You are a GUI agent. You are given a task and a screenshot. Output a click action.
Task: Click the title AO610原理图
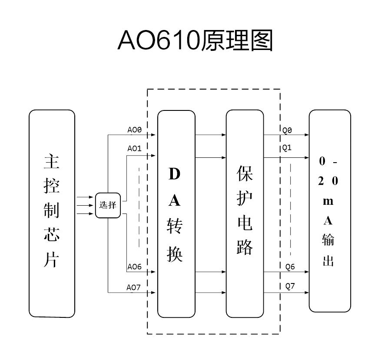tap(195, 41)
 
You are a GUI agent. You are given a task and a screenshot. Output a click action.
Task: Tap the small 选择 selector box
tap(107, 205)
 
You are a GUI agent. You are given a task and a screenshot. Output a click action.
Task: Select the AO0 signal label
tap(135, 130)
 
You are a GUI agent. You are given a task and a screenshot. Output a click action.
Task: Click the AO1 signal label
tap(135, 148)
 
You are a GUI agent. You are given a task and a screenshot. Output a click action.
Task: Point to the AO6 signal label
tap(135, 267)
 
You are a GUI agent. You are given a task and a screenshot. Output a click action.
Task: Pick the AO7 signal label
tap(134, 287)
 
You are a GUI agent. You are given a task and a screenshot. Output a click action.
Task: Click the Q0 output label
tap(287, 130)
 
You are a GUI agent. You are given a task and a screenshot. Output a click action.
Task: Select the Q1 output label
tap(287, 148)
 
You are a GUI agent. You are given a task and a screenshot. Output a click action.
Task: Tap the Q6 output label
tap(290, 267)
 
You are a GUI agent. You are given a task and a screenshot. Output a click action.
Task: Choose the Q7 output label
tap(290, 287)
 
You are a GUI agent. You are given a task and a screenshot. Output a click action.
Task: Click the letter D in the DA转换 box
tap(175, 174)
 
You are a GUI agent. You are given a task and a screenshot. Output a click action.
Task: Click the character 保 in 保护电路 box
tap(245, 173)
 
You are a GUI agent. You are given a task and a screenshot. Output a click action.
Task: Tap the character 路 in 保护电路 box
tap(245, 247)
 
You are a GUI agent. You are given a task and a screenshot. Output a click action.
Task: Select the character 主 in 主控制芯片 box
tap(52, 162)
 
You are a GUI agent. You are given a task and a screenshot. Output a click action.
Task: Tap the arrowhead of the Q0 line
tap(307, 135)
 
